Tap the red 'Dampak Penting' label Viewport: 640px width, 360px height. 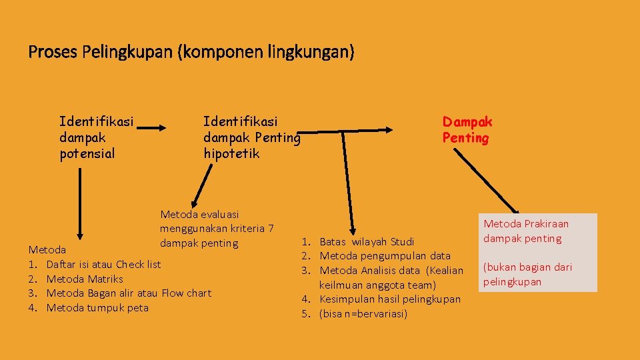[467, 130]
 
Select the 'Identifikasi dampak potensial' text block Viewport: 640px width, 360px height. [96, 137]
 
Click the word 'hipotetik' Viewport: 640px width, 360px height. [231, 154]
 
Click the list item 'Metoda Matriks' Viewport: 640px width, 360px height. [85, 279]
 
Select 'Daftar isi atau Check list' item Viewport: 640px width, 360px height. [103, 264]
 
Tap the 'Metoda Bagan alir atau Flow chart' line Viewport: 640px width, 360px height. [129, 293]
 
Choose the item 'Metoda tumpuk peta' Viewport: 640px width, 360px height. [97, 308]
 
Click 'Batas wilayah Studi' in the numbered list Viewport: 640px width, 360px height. [367, 241]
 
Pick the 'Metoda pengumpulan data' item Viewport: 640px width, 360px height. [385, 256]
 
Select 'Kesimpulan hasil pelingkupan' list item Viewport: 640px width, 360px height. [390, 299]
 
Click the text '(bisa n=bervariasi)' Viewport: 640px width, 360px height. [363, 314]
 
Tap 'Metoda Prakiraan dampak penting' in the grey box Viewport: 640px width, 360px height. [525, 231]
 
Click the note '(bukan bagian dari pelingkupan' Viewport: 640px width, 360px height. [527, 274]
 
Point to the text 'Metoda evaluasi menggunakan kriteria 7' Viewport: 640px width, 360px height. [216, 222]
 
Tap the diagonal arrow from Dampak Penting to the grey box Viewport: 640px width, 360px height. [487, 180]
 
